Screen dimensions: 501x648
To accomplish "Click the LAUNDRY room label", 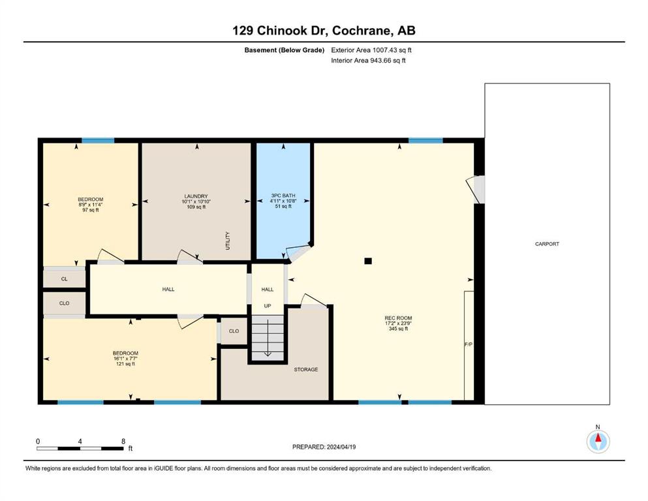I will pyautogui.click(x=196, y=196).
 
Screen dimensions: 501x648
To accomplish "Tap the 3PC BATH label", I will pyautogui.click(x=281, y=195).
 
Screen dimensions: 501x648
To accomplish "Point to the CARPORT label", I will pyautogui.click(x=547, y=244).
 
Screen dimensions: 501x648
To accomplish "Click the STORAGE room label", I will pyautogui.click(x=305, y=369).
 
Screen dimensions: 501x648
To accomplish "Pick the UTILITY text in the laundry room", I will pyautogui.click(x=228, y=241).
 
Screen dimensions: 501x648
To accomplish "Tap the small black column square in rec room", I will pyautogui.click(x=368, y=261).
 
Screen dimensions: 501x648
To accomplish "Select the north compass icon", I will pyautogui.click(x=598, y=442).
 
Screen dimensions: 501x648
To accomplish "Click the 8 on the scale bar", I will pyautogui.click(x=123, y=441).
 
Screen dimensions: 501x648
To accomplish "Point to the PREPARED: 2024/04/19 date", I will pyautogui.click(x=324, y=447).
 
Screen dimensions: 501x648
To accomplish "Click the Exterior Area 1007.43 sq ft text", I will pyautogui.click(x=371, y=50).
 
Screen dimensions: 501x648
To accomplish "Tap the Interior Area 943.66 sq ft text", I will pyautogui.click(x=369, y=61).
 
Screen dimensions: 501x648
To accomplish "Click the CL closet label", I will pyautogui.click(x=64, y=279).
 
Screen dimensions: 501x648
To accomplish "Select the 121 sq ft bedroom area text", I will pyautogui.click(x=124, y=364).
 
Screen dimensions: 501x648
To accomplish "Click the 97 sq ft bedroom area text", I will pyautogui.click(x=90, y=210).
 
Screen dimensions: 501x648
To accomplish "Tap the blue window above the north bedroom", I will pyautogui.click(x=98, y=140).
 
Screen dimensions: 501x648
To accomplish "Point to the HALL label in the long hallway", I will pyautogui.click(x=168, y=289).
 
